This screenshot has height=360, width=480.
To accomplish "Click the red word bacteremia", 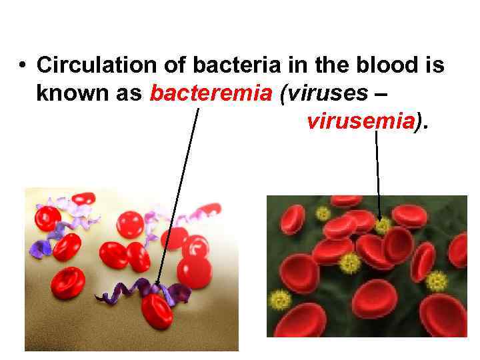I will tap(211, 94).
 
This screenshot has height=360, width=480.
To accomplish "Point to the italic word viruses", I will tap(324, 94).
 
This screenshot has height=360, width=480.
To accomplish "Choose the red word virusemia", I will tap(360, 121).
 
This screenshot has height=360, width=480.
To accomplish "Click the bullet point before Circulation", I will tap(23, 66).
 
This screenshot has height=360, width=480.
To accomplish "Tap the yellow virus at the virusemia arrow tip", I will tap(382, 226).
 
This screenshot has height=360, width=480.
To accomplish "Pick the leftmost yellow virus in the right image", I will tap(281, 299).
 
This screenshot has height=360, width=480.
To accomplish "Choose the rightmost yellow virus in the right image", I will tap(437, 281).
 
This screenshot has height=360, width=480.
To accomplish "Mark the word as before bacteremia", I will tap(129, 94).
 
